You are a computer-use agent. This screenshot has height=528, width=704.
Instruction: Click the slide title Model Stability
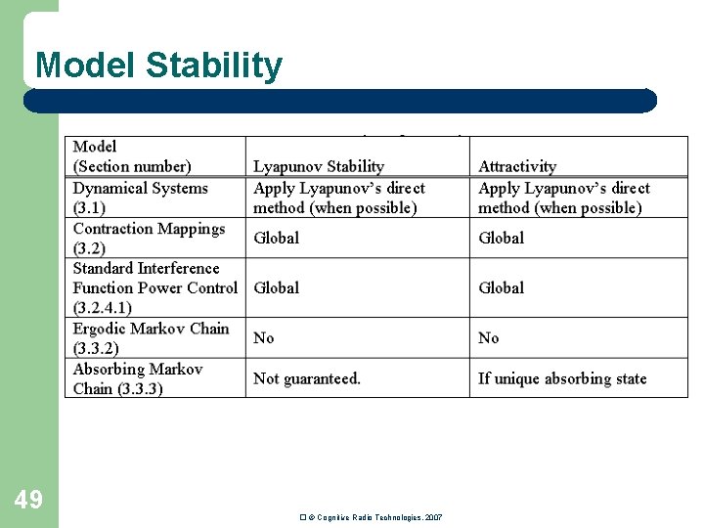point(158,66)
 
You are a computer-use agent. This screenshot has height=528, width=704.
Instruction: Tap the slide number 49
point(28,500)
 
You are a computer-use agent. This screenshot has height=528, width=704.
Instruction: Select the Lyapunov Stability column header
point(319,166)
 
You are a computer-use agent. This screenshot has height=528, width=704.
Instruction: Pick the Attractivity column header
point(517,166)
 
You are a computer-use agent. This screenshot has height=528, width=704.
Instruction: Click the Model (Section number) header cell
point(132,156)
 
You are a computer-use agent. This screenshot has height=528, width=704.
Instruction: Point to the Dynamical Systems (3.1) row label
point(140,198)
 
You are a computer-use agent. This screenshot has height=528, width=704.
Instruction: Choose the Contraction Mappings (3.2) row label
point(149,238)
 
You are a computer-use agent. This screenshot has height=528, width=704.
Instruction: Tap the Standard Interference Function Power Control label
point(154,287)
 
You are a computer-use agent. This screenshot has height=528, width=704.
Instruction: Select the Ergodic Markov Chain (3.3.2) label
point(151,338)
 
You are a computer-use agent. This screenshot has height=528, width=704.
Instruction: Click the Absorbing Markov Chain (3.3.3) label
point(138,378)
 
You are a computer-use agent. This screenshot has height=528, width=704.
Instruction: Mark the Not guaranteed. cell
point(307,378)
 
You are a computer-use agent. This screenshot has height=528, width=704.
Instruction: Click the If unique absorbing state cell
point(562,378)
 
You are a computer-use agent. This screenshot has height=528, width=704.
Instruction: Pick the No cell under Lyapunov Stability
point(264,337)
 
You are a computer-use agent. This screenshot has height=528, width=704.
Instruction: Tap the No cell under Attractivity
point(489,337)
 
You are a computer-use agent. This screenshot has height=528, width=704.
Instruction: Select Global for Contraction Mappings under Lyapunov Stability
point(277,238)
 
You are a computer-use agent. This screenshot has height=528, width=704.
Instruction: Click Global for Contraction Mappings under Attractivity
point(502,238)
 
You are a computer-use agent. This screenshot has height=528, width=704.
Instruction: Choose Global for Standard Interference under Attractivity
point(502,287)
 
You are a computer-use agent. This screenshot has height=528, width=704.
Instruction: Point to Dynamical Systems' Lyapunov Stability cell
point(339,198)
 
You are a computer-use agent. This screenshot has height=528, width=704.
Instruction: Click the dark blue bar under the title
point(339,101)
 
